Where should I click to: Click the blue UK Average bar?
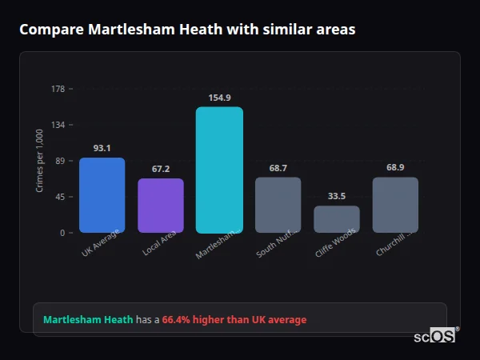[102, 195]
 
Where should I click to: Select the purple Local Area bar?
[161, 206]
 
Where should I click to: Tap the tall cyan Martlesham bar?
[219, 170]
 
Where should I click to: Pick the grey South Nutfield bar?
[278, 205]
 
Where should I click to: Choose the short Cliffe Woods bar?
[337, 219]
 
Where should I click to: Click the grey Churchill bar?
[395, 205]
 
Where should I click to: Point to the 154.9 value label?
[219, 98]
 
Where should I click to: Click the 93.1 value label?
[102, 148]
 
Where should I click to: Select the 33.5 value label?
[337, 197]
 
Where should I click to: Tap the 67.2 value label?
[161, 169]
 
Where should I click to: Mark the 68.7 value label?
[278, 168]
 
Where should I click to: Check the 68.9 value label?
[395, 168]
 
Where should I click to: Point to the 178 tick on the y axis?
[58, 89]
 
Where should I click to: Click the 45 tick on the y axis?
[60, 197]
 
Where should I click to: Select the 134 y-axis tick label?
[58, 125]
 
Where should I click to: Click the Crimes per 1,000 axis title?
[40, 160]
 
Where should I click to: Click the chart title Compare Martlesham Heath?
[187, 30]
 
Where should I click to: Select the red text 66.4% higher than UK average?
[234, 320]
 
